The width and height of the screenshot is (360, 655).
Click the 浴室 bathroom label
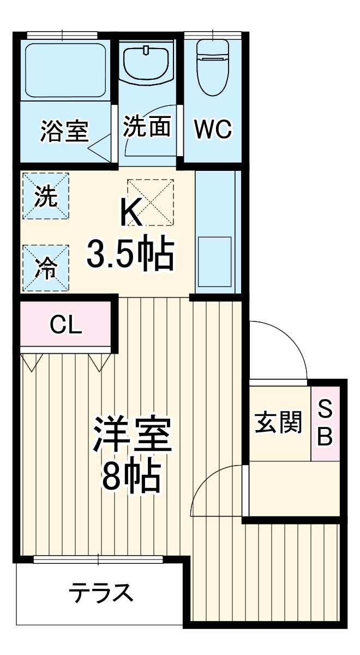pos(65,131)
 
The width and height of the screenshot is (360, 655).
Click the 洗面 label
pos(147,127)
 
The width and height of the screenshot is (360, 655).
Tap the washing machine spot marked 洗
pos(46,196)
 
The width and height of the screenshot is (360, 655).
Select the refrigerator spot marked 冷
pos(46,268)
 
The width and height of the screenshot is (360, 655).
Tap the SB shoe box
pos(325,422)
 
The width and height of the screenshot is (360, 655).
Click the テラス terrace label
pos(101,593)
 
